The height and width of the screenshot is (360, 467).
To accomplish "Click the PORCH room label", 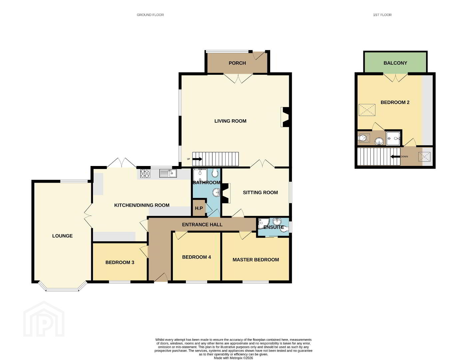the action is (x=237, y=63).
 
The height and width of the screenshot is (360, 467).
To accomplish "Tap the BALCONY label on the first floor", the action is (x=395, y=63).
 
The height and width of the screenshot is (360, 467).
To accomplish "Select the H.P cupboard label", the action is (x=199, y=208).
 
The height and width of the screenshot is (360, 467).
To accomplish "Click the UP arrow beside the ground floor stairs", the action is (x=197, y=159).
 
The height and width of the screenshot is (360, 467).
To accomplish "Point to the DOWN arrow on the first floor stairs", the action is (x=395, y=157).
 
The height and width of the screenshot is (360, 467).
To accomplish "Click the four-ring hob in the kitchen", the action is (x=145, y=174).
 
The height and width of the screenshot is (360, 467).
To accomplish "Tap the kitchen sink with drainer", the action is (x=168, y=174).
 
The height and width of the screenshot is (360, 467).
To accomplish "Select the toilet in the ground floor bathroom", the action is (x=215, y=172).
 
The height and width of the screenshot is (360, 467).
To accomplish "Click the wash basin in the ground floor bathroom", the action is (x=216, y=192).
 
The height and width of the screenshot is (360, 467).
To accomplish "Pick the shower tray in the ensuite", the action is (x=263, y=224).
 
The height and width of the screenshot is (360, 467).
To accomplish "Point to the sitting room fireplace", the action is (x=226, y=193).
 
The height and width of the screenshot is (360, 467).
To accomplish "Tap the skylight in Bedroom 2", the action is (x=367, y=110).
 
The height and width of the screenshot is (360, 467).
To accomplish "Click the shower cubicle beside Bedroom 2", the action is (x=393, y=138).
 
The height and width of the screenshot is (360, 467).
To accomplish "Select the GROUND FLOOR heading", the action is (x=150, y=15).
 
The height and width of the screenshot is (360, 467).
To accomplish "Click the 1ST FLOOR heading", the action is (x=382, y=15).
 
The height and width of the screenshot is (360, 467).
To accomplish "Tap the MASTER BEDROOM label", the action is (x=256, y=260).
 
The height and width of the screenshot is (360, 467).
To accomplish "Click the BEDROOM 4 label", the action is (x=197, y=257).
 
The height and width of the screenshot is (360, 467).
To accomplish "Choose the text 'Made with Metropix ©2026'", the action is (x=233, y=358).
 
